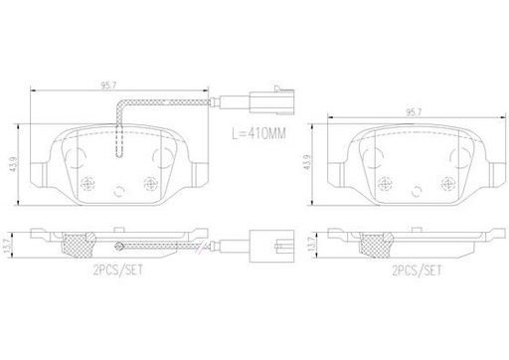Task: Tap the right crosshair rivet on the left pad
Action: click(150, 182)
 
